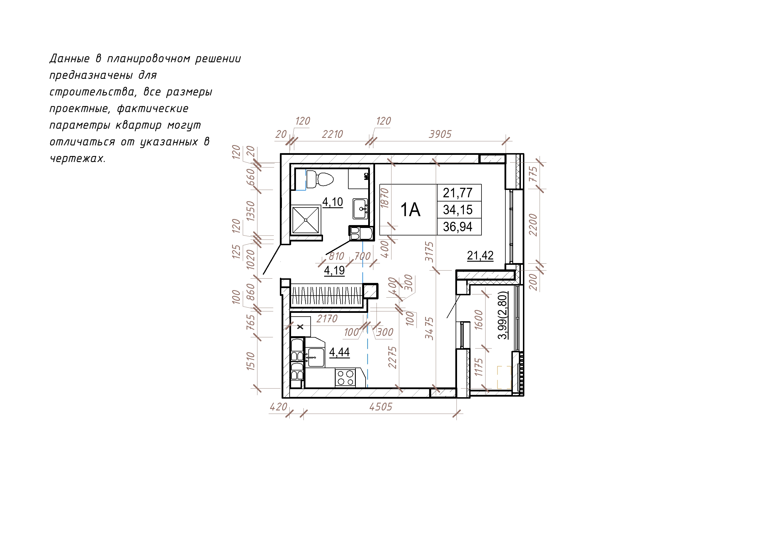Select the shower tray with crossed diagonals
tap(306, 220)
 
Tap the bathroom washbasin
tap(360, 209)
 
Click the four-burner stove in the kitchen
tap(345, 377)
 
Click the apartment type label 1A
tap(410, 210)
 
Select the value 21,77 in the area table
tap(458, 193)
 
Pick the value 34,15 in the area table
tap(458, 210)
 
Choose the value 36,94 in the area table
tap(458, 227)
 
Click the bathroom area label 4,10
tap(333, 202)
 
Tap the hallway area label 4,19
tap(334, 271)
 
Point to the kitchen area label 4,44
tap(339, 352)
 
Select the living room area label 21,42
tap(480, 256)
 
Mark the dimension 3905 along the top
tap(440, 134)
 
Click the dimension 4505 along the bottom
tap(381, 407)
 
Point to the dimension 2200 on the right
tap(533, 225)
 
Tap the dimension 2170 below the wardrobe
tap(327, 319)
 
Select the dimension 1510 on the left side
tap(251, 361)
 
